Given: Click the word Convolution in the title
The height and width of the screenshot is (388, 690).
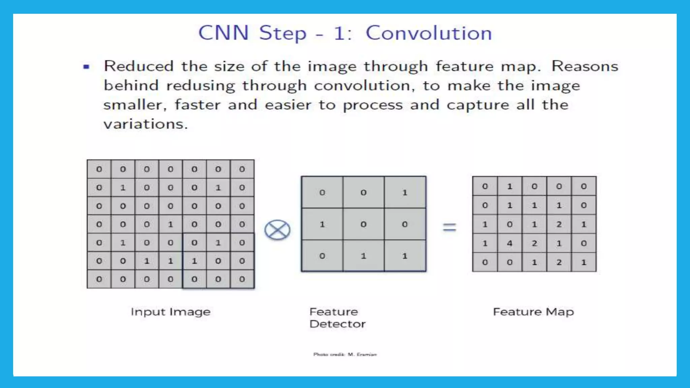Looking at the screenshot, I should click(429, 33).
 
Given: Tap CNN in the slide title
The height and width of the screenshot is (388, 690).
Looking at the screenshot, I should click(223, 33).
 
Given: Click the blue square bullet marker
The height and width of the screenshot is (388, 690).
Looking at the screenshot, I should click(86, 67).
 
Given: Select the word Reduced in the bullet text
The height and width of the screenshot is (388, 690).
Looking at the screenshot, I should click(138, 66).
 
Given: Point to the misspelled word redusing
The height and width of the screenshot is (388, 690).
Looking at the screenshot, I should click(200, 86).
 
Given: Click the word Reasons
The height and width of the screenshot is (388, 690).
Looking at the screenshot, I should click(585, 66).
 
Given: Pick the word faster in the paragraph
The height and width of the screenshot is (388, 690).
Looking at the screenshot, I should click(197, 105).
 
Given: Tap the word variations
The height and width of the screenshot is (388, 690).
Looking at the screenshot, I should click(145, 124).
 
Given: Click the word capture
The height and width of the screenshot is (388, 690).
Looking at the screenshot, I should click(478, 105).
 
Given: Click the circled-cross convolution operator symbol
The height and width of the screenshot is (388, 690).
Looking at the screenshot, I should click(277, 230).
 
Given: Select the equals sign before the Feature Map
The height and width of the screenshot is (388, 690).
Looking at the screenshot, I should click(449, 227).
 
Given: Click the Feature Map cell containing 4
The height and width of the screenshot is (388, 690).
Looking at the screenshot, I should click(509, 243).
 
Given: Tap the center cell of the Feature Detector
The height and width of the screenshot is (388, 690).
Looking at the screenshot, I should click(363, 224).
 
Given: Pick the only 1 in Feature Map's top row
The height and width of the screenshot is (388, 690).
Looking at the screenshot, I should click(509, 186).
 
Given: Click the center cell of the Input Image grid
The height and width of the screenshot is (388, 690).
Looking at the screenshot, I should click(170, 224).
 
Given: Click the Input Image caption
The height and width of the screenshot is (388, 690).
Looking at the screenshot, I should click(170, 312).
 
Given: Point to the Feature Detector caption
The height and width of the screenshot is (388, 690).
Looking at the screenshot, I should click(337, 318).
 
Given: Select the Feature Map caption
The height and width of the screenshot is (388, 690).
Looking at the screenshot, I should click(533, 312).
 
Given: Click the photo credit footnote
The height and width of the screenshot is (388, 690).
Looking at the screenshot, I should click(345, 354).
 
